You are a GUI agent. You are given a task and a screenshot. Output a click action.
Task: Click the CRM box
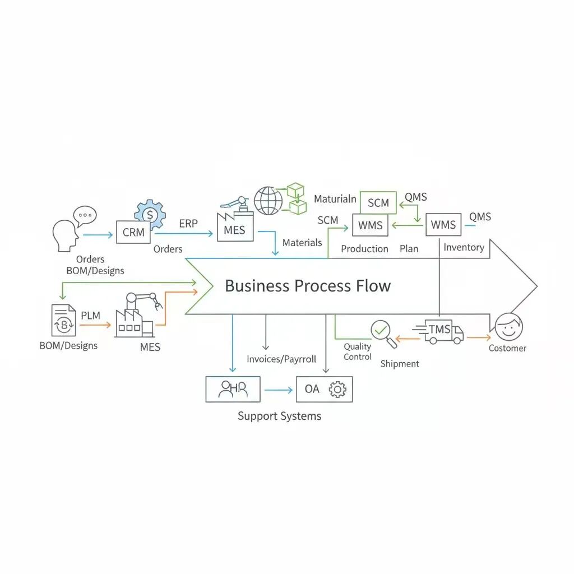click(133, 232)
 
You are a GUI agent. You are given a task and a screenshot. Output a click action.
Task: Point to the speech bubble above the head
click(85, 215)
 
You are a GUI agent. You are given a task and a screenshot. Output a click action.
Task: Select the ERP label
click(188, 223)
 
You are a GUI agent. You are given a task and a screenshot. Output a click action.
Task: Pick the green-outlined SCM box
click(378, 203)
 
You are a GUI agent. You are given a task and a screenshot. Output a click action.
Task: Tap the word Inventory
click(464, 247)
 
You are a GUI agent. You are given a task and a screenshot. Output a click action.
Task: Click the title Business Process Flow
click(308, 286)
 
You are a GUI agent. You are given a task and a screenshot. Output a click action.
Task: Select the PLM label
click(91, 316)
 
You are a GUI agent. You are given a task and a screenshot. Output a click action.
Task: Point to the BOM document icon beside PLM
click(63, 320)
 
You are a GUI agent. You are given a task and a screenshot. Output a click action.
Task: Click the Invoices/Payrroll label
click(281, 359)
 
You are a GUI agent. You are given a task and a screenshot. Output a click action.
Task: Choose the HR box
click(233, 389)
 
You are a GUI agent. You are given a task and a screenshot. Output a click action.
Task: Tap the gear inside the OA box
click(337, 390)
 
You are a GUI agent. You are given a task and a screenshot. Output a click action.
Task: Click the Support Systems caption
click(280, 416)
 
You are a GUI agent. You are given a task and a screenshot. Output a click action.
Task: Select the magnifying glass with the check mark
click(383, 332)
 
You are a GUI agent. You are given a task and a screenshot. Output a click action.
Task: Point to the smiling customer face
click(508, 327)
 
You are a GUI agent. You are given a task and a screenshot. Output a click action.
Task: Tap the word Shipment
click(400, 364)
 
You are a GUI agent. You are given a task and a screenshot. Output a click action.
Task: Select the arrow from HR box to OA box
click(278, 390)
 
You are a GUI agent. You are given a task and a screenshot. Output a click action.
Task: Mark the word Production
click(364, 249)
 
